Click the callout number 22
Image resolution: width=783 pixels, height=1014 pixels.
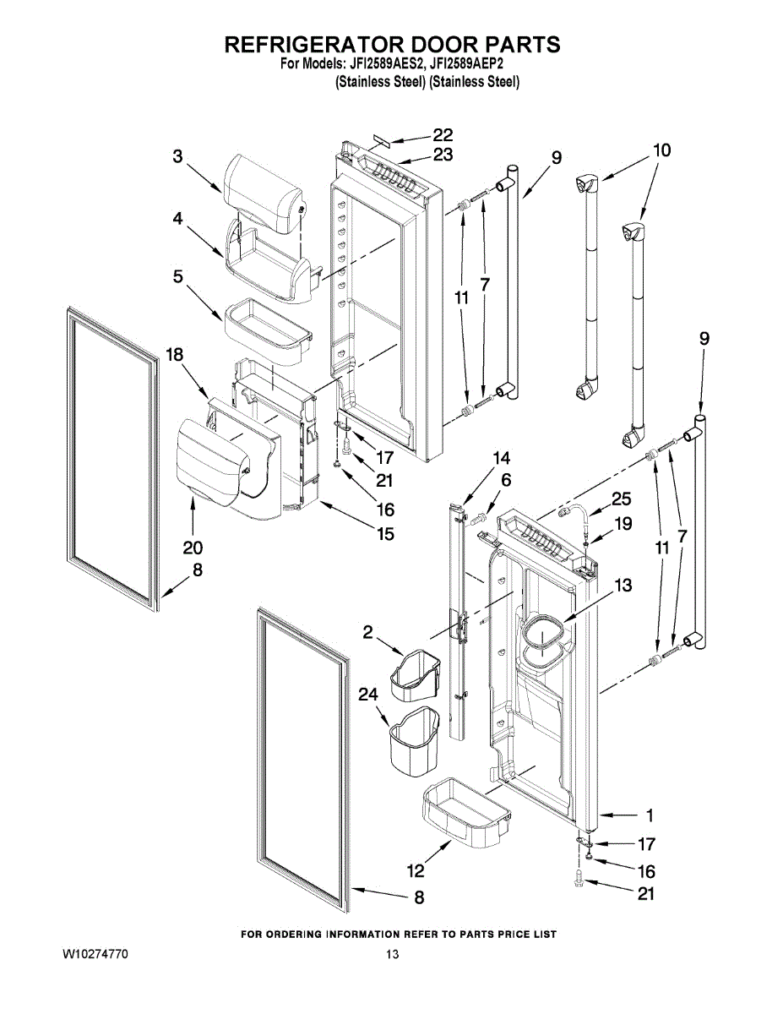(x=443, y=135)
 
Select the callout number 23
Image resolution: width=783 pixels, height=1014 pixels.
(x=443, y=155)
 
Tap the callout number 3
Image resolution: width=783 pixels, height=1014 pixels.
(x=177, y=156)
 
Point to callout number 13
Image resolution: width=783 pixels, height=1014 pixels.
(x=623, y=585)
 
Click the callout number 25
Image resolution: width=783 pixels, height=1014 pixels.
(x=622, y=499)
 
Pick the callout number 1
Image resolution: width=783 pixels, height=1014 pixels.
(x=649, y=815)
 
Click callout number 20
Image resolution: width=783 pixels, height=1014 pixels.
(x=193, y=548)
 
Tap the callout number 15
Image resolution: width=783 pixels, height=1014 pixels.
(x=385, y=533)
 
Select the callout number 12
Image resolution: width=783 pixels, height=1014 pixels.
(x=416, y=870)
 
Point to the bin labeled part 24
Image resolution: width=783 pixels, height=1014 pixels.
(x=414, y=741)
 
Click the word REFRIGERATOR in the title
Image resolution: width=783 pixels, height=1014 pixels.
(x=309, y=45)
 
